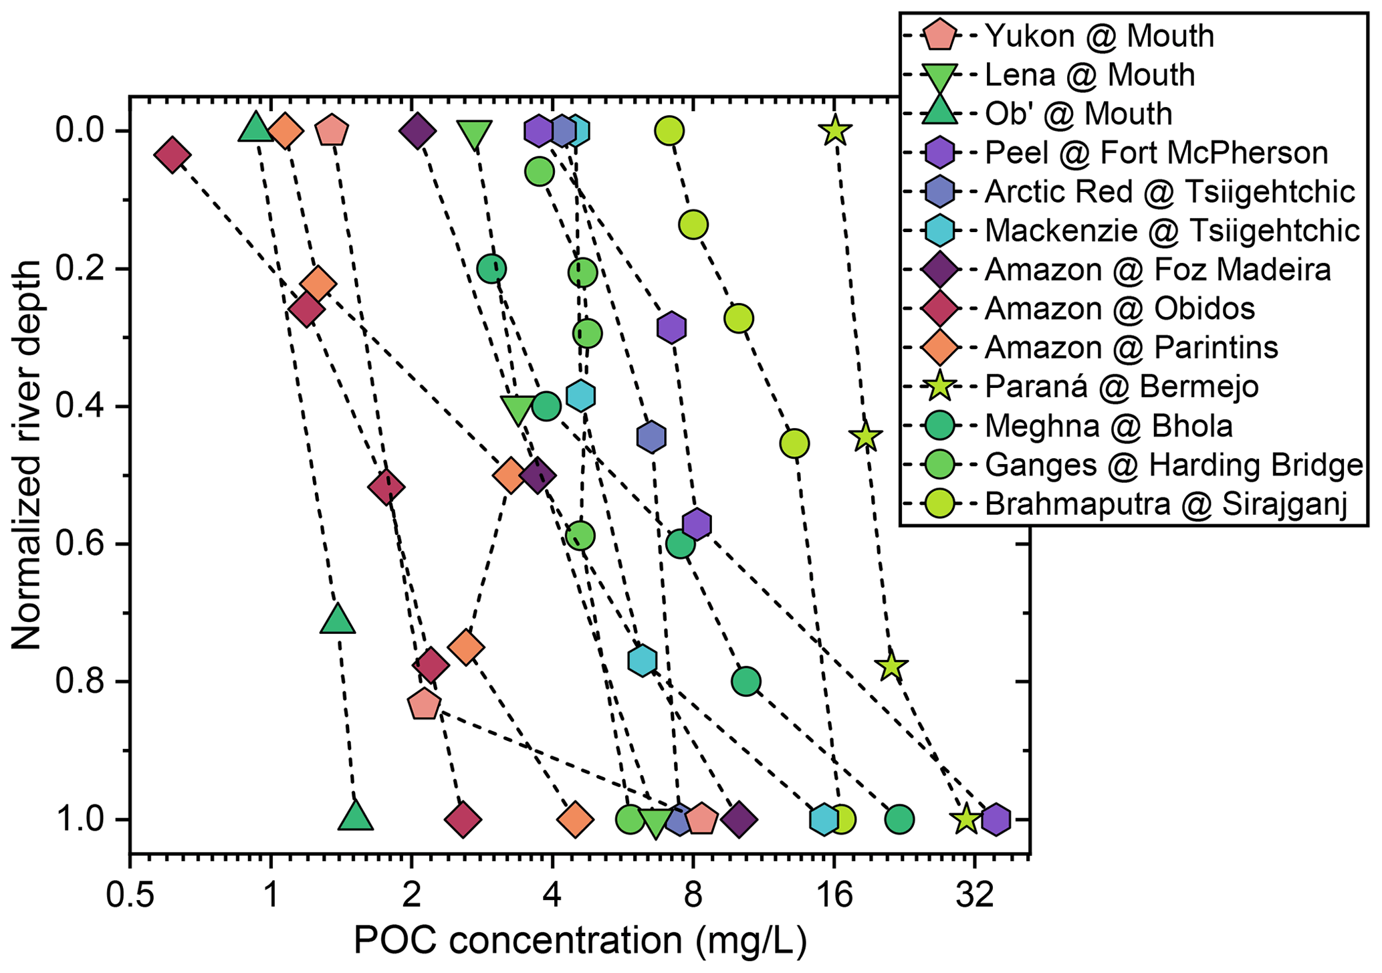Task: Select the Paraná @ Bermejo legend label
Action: (x=1121, y=387)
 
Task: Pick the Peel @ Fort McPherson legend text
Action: (x=1156, y=153)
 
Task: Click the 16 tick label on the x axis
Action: (x=834, y=897)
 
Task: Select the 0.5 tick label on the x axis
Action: (x=130, y=897)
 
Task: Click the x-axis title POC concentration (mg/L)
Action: (x=580, y=942)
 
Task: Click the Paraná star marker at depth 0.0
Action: (x=834, y=130)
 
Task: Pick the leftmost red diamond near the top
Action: (x=172, y=155)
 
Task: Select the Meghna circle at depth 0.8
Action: (x=746, y=681)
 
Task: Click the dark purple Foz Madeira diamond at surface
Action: (x=417, y=131)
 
